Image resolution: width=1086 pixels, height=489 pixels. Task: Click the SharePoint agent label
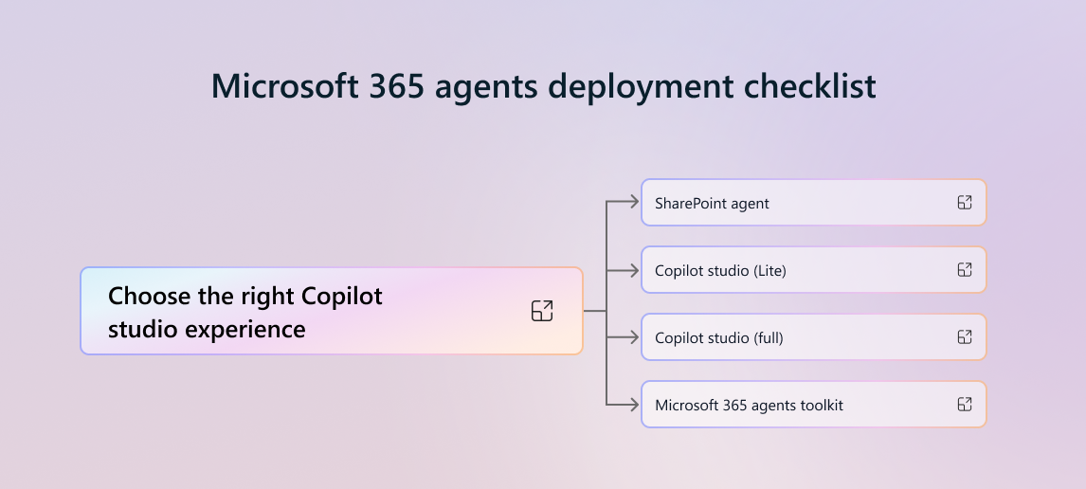point(712,204)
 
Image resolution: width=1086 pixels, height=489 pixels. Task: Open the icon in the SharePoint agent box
point(965,203)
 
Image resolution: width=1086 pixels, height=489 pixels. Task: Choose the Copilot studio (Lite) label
point(720,271)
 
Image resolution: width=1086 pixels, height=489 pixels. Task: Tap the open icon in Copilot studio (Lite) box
point(965,270)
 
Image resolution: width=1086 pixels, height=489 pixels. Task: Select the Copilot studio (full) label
point(718,338)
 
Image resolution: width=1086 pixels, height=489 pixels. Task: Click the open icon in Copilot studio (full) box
point(965,337)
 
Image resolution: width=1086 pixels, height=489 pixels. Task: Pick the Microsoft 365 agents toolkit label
point(749,406)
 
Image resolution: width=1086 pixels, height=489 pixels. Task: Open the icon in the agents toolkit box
point(965,405)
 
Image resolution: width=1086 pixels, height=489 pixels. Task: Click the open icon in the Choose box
point(542,311)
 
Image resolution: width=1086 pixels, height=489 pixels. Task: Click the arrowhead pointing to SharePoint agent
point(636,202)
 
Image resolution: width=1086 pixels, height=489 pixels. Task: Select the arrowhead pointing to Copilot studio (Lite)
point(636,270)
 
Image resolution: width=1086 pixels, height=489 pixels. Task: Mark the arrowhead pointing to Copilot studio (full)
point(636,337)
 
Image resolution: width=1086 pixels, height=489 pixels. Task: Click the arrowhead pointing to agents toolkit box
point(636,406)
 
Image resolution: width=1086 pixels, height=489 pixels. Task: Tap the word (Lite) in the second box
point(769,271)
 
